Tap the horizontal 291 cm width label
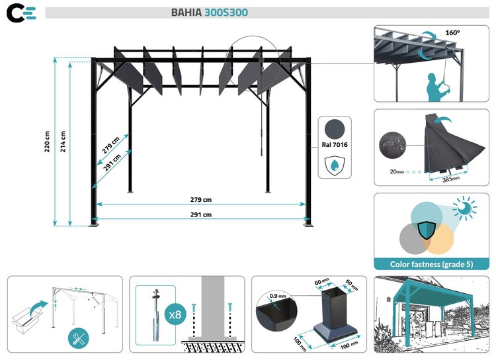click(200, 214)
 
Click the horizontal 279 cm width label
click(200, 200)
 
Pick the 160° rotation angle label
click(452, 32)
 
